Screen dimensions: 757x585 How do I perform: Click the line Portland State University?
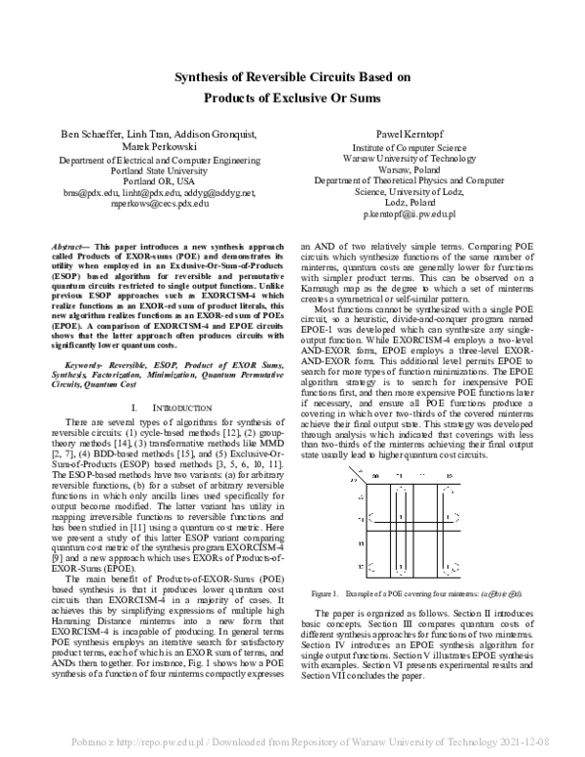[x=152, y=170]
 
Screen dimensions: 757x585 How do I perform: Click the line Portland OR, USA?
[x=152, y=181]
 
